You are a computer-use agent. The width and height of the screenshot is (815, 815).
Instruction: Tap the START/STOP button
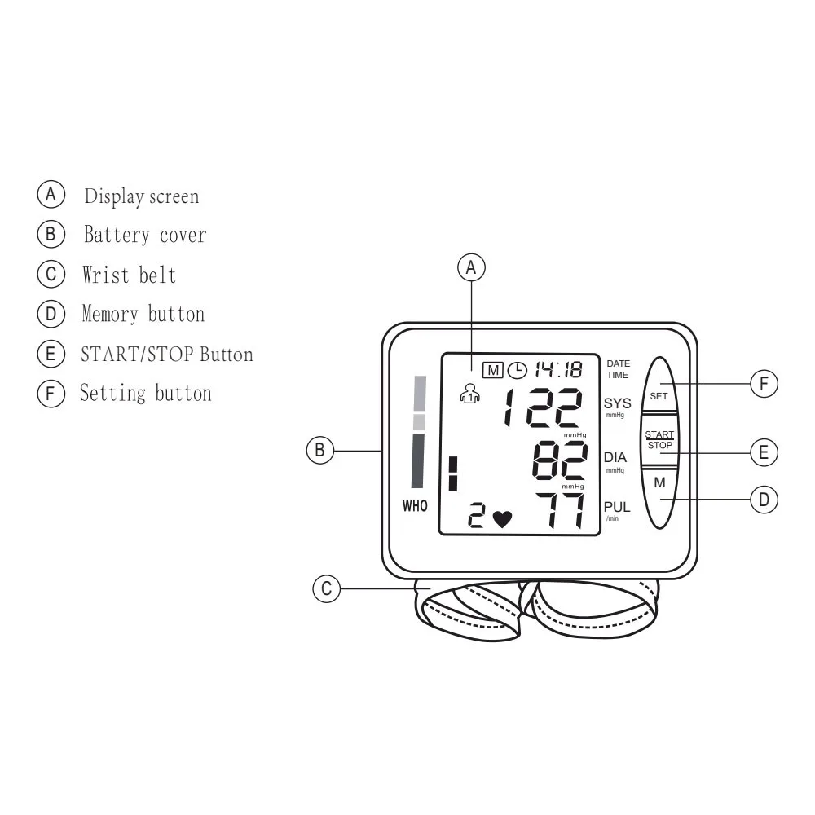click(659, 440)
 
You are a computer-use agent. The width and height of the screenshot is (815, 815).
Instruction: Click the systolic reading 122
click(542, 407)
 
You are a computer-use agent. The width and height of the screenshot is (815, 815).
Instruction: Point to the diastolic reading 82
click(559, 461)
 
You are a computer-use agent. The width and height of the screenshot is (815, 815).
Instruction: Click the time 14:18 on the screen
click(558, 370)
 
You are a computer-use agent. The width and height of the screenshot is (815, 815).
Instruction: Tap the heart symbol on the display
click(502, 518)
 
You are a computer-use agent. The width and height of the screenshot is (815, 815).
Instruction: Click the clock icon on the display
click(517, 371)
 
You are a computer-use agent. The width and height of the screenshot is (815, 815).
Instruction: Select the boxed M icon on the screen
click(493, 371)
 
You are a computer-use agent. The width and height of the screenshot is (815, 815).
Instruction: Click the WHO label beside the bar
click(415, 506)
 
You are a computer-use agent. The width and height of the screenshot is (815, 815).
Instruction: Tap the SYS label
click(617, 403)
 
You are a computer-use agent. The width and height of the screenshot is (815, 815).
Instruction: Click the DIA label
click(615, 458)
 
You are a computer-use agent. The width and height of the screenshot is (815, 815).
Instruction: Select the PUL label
click(617, 508)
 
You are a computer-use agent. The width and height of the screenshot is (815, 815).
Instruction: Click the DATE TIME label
click(618, 369)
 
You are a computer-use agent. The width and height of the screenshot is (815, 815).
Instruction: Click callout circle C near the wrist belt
click(326, 589)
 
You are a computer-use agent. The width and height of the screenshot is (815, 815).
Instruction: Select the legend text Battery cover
click(145, 236)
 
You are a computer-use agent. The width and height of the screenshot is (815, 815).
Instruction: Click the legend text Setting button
click(146, 394)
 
